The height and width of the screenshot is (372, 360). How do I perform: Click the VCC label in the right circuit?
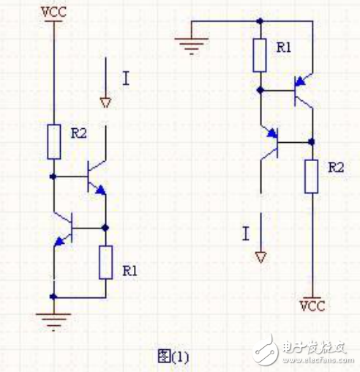pos(312,302)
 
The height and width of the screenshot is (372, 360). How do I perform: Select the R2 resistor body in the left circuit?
pos(54,141)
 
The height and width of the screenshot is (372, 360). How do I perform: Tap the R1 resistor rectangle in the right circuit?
pos(259,55)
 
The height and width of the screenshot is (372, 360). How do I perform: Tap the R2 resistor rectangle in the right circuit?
pos(312,175)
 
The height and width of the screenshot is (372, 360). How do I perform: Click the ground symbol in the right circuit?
pos(192,45)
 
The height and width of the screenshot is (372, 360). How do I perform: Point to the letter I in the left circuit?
pos(125,78)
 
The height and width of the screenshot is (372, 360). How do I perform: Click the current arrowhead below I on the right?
pos(260,256)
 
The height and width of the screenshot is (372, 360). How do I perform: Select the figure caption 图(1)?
pos(173,357)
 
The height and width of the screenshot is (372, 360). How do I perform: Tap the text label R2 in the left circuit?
pos(79,133)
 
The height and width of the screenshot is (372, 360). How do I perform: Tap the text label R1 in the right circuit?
pos(284,47)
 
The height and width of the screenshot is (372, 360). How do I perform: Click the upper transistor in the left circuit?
pos(94,176)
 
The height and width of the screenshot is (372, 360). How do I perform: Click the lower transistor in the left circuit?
pos(68,227)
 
